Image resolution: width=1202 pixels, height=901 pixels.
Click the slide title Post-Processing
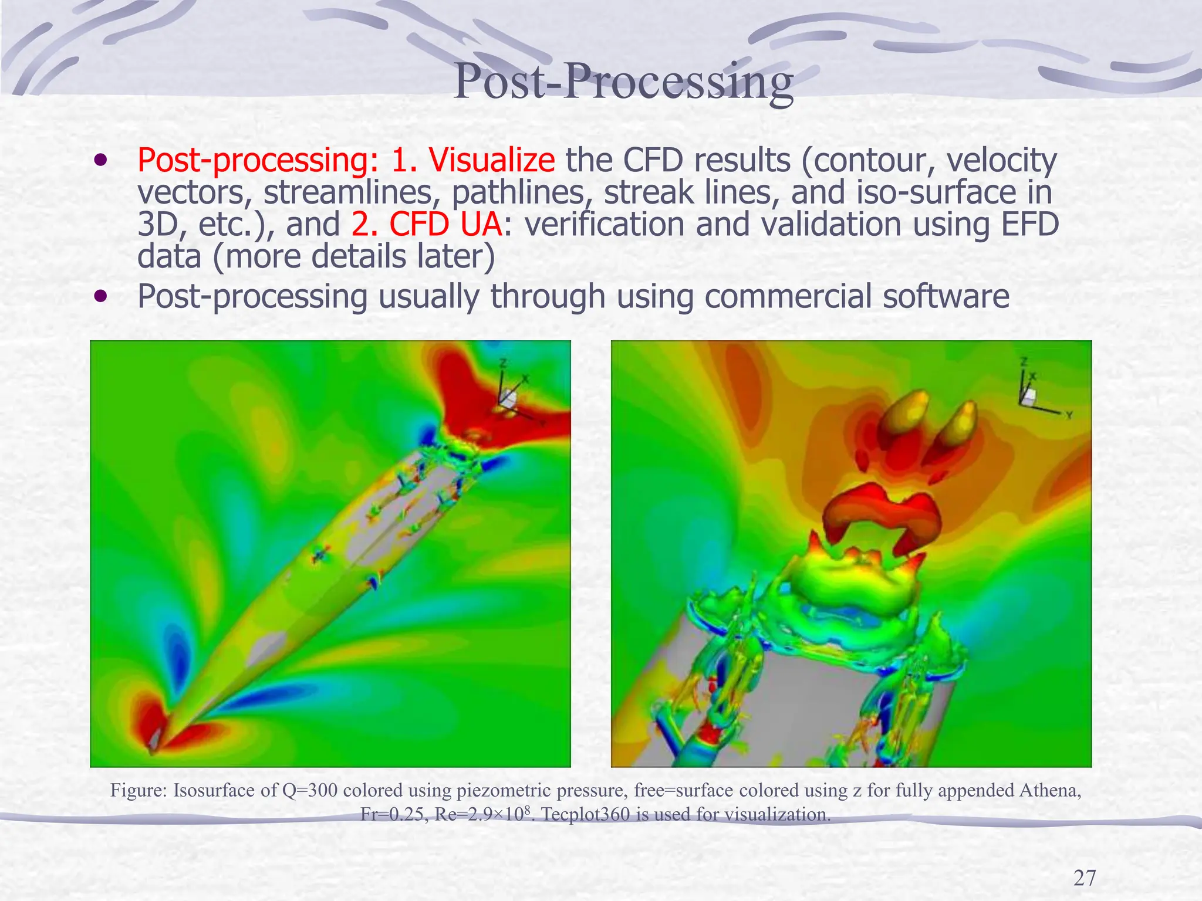623,82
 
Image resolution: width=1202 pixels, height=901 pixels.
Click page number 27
1084,878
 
